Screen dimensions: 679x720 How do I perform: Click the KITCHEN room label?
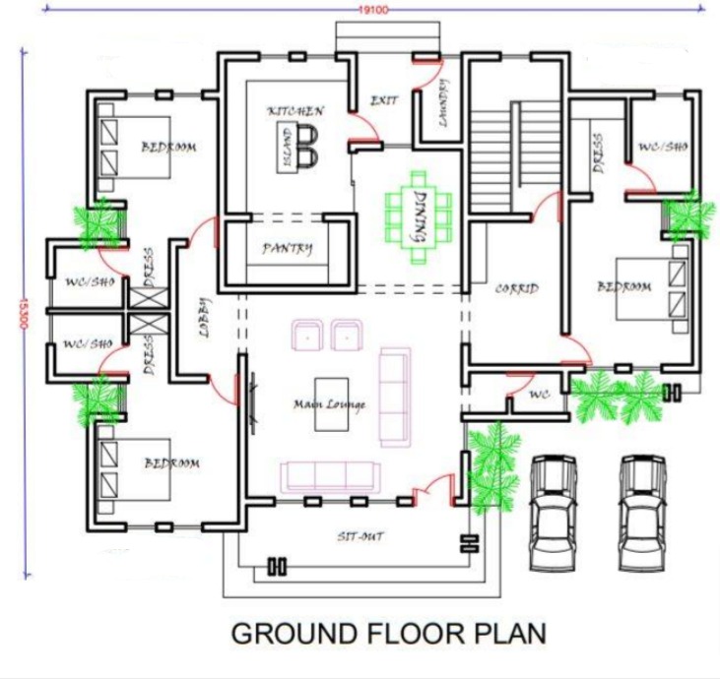[x=295, y=111]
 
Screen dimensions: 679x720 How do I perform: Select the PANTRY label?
[x=287, y=249]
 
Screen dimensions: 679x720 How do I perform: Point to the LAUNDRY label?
[x=442, y=103]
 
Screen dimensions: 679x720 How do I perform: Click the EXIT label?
[x=383, y=100]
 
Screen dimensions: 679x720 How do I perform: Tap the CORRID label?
[x=516, y=289]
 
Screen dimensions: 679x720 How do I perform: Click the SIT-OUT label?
[x=360, y=536]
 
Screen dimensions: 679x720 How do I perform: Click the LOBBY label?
[x=205, y=318]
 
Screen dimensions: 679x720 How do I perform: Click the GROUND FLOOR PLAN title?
[x=387, y=633]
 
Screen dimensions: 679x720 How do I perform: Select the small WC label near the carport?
[x=539, y=394]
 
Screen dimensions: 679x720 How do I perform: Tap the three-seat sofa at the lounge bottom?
[x=329, y=476]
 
